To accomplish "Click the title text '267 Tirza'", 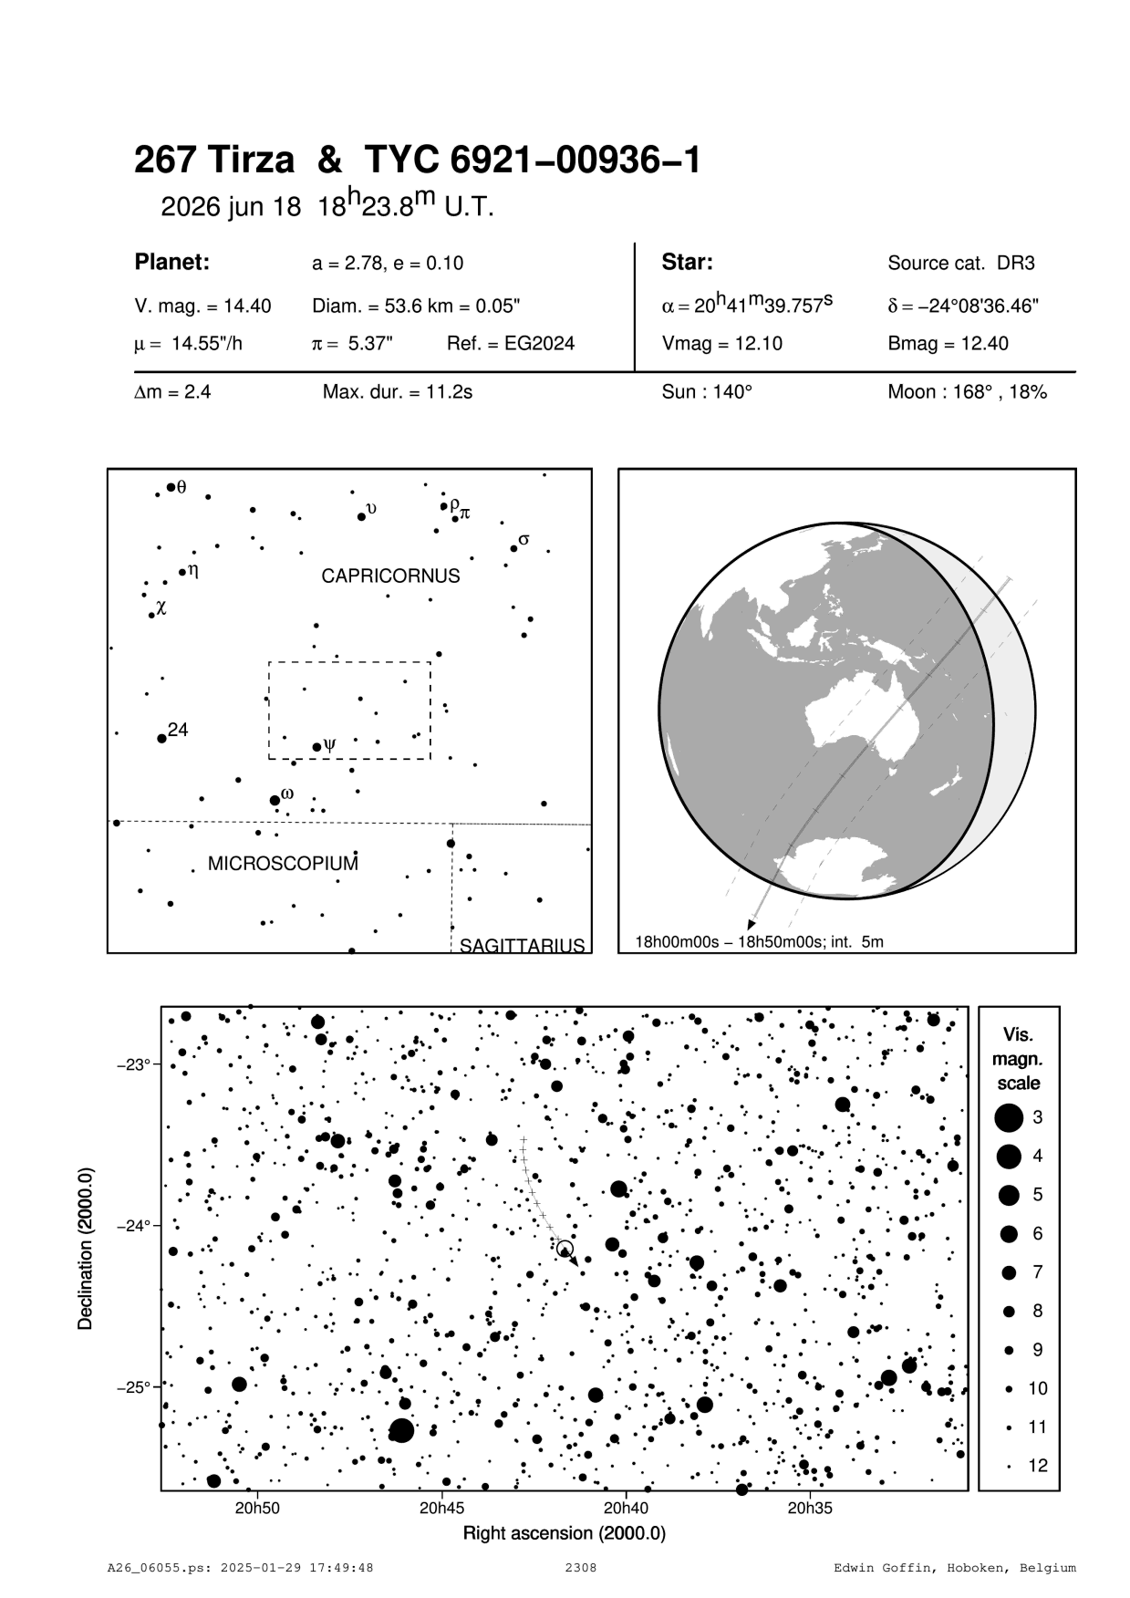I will click(214, 161).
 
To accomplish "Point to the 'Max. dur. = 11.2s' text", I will click(397, 393).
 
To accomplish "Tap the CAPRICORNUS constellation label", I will click(390, 576).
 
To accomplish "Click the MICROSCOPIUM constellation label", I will click(283, 863).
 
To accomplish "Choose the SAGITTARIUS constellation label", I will click(522, 945).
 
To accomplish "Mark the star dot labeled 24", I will click(161, 738).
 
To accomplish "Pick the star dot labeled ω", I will click(275, 801).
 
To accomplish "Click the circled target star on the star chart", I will click(565, 1249).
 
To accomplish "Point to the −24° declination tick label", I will click(133, 1226).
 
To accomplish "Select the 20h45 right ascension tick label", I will click(441, 1508).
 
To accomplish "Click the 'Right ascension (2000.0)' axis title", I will click(565, 1533).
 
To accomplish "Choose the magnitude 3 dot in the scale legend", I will click(1008, 1117).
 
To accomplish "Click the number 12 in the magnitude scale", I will click(1038, 1466).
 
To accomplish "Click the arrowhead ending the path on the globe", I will click(752, 921).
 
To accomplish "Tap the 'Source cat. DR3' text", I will click(960, 264).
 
